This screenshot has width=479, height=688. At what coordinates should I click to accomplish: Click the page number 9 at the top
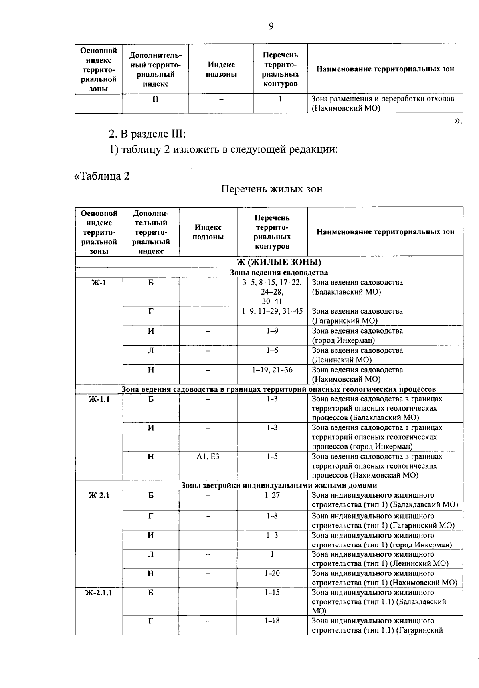(271, 26)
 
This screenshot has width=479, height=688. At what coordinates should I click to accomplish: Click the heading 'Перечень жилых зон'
(271, 189)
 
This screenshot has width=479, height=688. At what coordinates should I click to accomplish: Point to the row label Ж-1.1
(99, 399)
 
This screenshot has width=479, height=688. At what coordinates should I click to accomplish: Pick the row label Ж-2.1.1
(99, 593)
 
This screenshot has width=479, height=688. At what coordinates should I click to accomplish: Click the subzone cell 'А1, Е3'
(208, 457)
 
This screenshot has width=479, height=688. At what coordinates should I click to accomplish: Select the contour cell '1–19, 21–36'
(272, 370)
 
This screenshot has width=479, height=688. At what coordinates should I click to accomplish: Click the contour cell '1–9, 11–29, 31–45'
(272, 311)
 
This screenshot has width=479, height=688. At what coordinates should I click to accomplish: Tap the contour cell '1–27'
(272, 495)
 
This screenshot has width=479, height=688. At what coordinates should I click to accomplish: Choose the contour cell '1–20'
(272, 573)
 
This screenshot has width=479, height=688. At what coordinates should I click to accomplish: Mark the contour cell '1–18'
(272, 621)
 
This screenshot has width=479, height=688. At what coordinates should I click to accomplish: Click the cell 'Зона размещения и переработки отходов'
(383, 99)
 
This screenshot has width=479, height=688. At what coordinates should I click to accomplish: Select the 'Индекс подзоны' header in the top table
(221, 69)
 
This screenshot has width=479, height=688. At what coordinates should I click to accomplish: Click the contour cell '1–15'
(272, 593)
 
